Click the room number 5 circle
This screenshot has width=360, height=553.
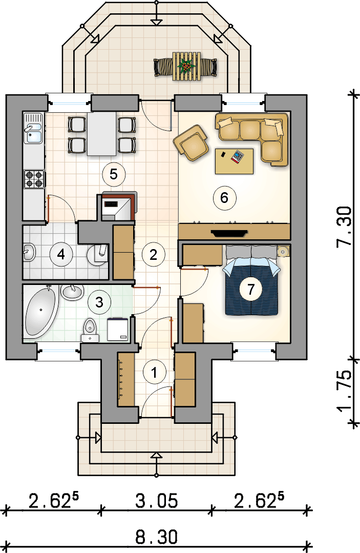113,174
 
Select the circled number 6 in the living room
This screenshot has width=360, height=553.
224,198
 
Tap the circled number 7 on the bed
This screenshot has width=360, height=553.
251,289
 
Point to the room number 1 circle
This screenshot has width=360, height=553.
154,372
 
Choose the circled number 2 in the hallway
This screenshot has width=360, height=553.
153,254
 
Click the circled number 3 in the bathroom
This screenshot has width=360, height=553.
99,302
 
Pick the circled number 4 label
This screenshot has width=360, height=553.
61,254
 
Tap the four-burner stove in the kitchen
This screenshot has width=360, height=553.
34,179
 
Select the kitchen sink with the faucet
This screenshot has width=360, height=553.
33,128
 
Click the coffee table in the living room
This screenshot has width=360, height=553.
234,161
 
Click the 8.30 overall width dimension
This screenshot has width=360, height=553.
156,537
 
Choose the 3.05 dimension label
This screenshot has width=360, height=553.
156,501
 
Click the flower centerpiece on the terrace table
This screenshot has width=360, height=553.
186,66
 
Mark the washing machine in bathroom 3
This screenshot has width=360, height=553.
118,330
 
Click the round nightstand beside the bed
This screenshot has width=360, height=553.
283,251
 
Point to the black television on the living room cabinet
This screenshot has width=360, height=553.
229,233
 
